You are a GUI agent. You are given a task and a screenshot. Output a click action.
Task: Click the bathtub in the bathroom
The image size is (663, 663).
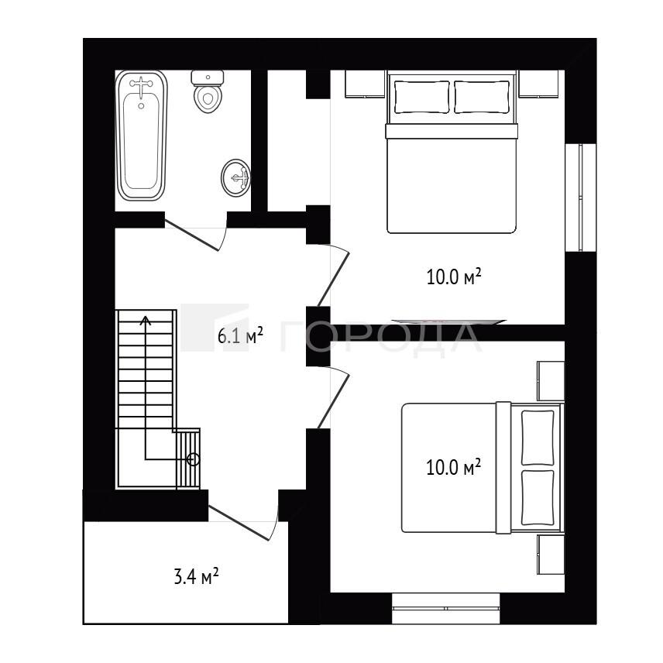tap(142, 136)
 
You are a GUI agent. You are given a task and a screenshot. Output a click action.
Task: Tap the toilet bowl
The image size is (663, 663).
tap(208, 98)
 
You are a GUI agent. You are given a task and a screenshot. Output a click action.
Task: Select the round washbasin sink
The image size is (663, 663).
tap(236, 178)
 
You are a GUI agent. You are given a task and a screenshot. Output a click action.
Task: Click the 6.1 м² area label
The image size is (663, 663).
tap(240, 335)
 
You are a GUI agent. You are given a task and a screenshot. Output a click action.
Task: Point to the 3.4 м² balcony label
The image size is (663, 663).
tap(196, 576)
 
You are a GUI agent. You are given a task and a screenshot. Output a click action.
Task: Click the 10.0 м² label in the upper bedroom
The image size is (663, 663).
tap(454, 277)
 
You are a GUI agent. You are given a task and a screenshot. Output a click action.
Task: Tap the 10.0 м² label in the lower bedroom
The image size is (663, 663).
tap(453, 467)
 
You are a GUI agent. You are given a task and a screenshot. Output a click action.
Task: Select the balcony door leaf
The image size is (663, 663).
tap(239, 523)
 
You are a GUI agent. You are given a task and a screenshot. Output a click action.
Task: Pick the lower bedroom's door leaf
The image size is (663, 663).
tap(333, 401)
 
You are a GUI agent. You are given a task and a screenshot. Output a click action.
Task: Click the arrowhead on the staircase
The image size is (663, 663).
tap(146, 320)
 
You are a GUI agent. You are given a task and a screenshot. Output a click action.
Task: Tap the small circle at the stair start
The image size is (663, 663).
tap(193, 459)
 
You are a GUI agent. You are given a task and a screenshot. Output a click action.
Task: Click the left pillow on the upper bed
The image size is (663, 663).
tap(421, 97)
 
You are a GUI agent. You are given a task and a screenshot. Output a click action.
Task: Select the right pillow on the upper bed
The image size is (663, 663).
tap(482, 97)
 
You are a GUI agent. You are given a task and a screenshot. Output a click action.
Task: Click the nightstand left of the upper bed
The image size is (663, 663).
tap(366, 84)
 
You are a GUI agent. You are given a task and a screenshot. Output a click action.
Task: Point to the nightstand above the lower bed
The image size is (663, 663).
tap(551, 381)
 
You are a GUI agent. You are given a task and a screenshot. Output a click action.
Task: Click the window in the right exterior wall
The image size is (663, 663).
tap(581, 198)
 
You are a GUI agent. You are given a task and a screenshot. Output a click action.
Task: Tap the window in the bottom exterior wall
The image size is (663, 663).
tap(445, 608)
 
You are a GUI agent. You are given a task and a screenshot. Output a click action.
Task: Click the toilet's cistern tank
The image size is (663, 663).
tap(208, 77)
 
